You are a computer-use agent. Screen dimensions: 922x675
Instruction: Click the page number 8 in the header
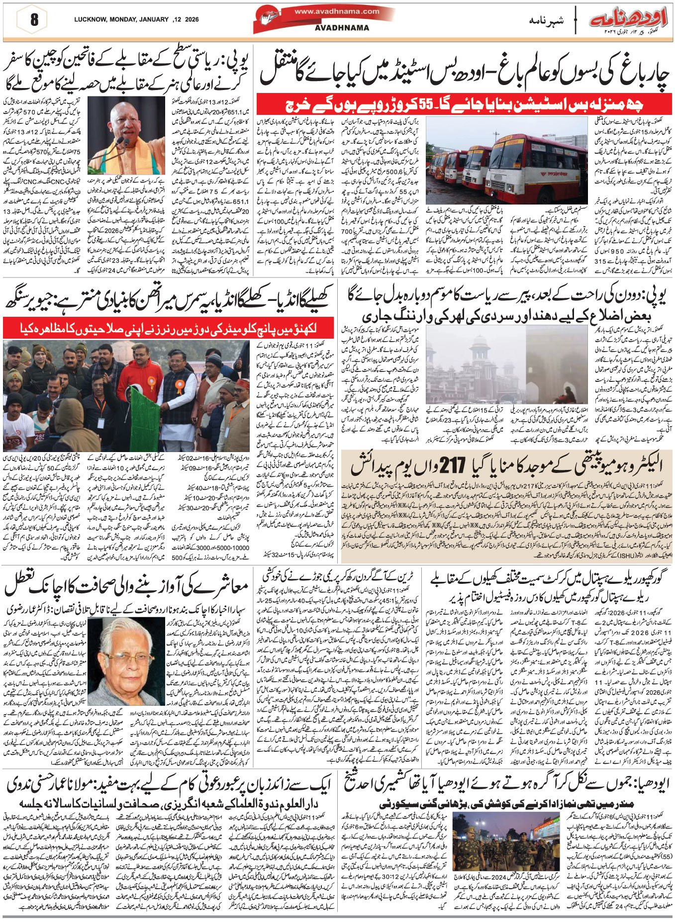point(34,20)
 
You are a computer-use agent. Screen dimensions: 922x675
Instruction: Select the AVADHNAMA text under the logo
point(342,28)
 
